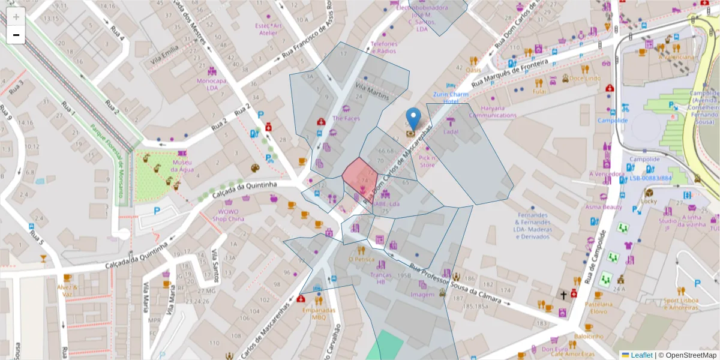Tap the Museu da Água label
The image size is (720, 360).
coord(182,166)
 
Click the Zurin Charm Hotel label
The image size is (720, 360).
coord(451,98)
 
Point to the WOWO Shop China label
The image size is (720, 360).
coord(227,215)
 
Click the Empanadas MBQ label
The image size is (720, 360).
coord(319,314)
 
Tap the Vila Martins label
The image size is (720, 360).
coord(372,91)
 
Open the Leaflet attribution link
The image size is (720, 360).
coord(641,355)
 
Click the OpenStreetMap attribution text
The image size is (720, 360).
coord(689,355)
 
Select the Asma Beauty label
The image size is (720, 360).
coord(604,207)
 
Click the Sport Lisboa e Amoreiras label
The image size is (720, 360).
coord(680,304)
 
